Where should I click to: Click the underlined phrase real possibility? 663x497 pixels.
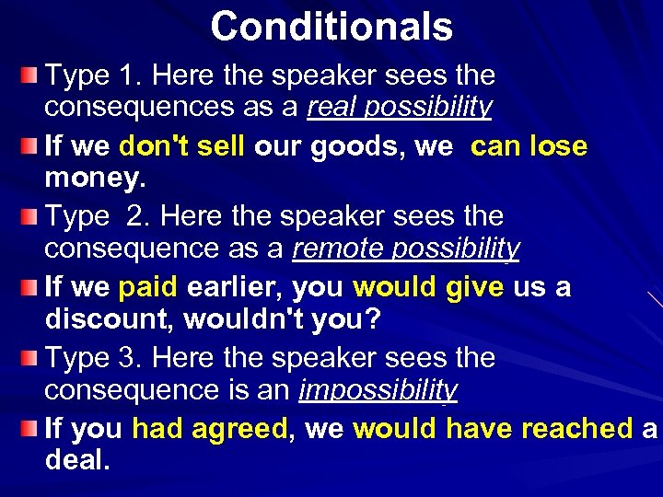(x=400, y=108)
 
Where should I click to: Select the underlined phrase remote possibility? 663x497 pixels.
(x=406, y=249)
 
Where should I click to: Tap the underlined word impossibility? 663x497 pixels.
(x=378, y=391)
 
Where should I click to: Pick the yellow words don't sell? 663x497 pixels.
(x=181, y=146)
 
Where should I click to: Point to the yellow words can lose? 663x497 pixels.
(x=529, y=146)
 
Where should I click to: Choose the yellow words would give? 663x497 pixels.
(x=428, y=288)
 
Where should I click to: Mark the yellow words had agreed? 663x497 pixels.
(x=210, y=429)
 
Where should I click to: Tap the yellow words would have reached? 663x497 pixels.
(x=493, y=429)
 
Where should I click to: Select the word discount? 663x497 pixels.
(x=110, y=320)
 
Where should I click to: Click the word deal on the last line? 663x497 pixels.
(x=77, y=461)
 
